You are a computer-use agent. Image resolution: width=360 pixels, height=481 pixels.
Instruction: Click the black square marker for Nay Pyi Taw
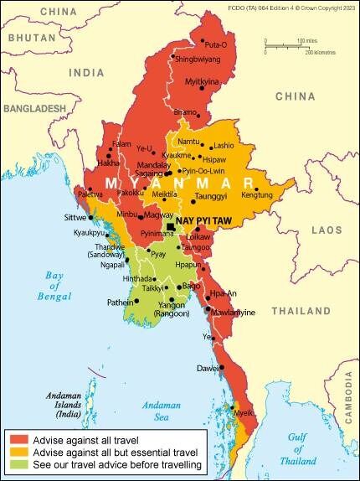pyautogui.click(x=171, y=227)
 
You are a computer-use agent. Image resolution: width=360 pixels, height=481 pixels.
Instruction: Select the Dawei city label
pyautogui.click(x=207, y=368)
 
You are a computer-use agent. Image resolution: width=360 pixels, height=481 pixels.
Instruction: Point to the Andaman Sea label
pyautogui.click(x=162, y=411)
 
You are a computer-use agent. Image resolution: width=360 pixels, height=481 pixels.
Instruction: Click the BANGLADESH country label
pyautogui.click(x=33, y=109)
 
